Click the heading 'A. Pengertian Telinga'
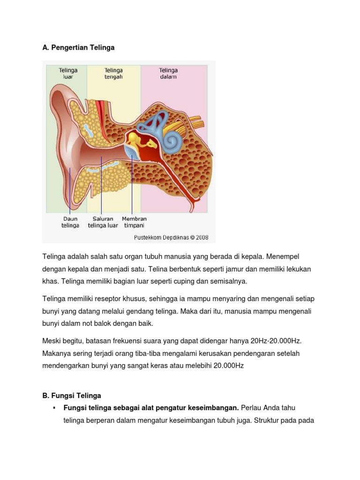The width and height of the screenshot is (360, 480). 78,47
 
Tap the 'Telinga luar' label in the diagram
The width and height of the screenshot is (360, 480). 68,74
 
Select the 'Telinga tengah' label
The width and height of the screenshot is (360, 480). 113,74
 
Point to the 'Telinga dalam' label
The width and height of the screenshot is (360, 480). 168,74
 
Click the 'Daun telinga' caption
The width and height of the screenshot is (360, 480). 70,222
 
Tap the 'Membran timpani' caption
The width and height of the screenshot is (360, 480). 134,222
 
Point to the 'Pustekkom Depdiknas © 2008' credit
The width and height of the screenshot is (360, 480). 171,237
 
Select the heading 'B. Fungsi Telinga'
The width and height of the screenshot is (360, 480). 72,396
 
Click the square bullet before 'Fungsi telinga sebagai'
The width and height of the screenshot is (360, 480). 55,407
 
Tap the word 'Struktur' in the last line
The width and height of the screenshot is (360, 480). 267,420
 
